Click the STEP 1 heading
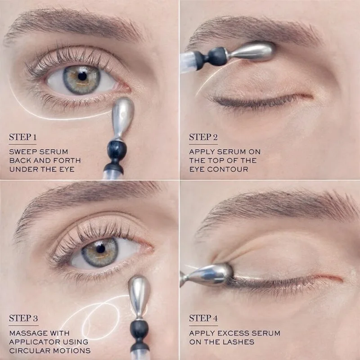tap(23, 137)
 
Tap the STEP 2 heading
tap(203, 137)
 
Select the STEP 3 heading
tap(23, 318)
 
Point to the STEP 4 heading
tap(203, 318)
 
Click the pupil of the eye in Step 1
tap(82, 76)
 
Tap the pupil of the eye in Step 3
tap(100, 248)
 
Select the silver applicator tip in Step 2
tap(252, 51)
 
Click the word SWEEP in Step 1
tap(23, 152)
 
